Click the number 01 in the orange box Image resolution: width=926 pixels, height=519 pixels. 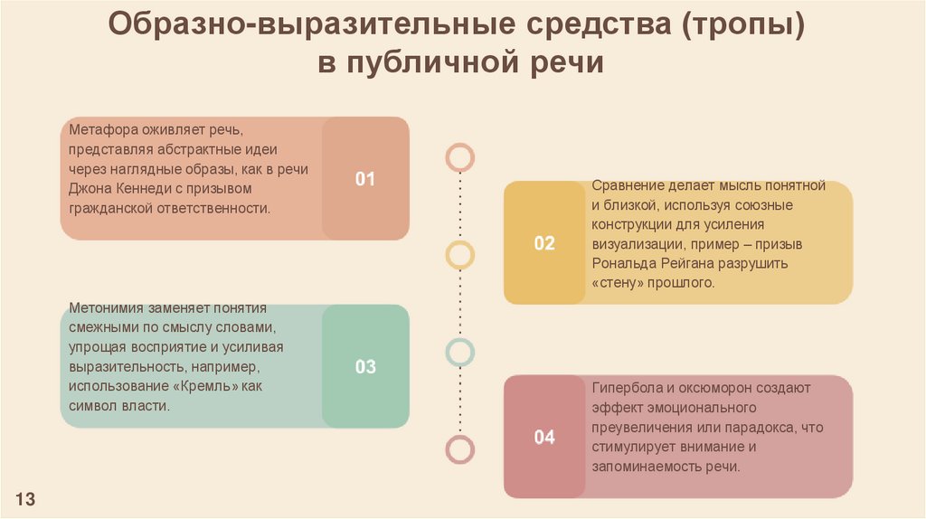click(x=364, y=179)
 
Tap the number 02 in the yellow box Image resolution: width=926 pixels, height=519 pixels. click(x=544, y=243)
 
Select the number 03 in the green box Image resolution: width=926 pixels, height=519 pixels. click(x=364, y=367)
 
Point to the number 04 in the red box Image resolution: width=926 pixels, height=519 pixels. click(x=544, y=439)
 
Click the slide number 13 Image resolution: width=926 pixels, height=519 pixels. click(x=24, y=499)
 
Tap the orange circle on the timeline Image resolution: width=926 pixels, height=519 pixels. click(x=460, y=157)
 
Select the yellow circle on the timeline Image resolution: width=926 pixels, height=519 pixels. click(x=460, y=255)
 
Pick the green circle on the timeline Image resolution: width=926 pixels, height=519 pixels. click(x=460, y=351)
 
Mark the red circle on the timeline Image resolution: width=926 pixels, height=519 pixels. click(x=460, y=448)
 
